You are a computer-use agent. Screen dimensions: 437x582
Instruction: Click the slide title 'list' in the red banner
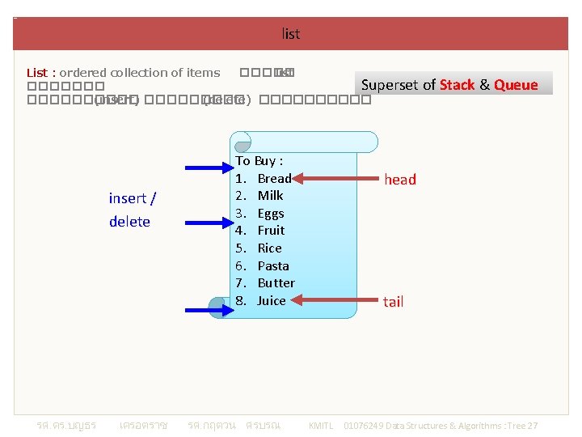pos(291,34)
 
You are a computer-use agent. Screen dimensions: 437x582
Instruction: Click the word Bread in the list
pos(274,178)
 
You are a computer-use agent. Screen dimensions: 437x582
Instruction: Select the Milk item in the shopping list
pos(270,196)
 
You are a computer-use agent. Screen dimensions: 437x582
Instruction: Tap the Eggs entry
pos(271,214)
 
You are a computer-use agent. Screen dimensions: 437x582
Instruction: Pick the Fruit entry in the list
pos(271,231)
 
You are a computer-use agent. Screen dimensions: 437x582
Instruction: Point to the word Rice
pos(269,248)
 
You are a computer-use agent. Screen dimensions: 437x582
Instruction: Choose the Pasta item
pos(273,266)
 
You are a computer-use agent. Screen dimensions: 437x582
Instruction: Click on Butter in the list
pos(276,283)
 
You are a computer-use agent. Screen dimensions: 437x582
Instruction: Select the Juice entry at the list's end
pos(272,301)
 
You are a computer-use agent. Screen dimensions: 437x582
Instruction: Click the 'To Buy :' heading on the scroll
pos(259,161)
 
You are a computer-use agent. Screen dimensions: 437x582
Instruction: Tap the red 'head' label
pos(400,180)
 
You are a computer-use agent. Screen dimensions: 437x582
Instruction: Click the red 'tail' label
pos(394,302)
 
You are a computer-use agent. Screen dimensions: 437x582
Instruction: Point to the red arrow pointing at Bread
pos(331,178)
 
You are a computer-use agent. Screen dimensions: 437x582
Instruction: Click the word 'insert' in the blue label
pos(128,198)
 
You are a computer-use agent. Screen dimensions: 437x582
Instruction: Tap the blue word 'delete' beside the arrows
pos(129,222)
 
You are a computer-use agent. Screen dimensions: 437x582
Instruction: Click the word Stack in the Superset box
pos(458,85)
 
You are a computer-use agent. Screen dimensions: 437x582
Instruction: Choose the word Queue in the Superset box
pos(516,85)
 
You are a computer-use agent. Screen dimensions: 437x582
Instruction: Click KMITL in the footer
pos(321,426)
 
